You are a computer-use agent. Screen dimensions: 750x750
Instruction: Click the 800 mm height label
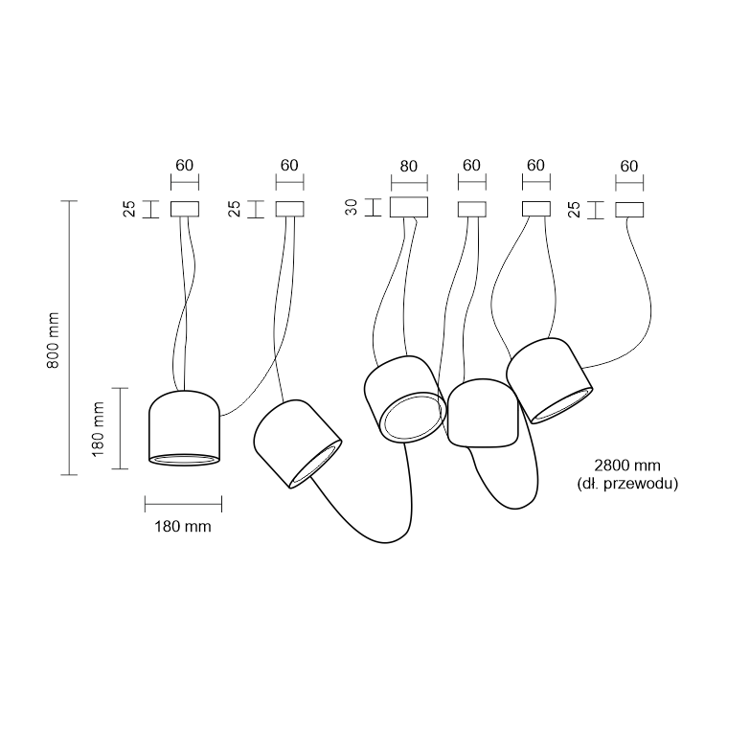[x=53, y=340]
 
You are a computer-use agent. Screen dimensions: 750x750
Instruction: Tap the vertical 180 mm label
[x=98, y=429]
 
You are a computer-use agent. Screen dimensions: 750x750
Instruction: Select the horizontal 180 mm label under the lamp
[x=183, y=527]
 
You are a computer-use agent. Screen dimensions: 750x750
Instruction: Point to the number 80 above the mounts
[x=408, y=167]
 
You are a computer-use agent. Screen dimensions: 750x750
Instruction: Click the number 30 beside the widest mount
[x=352, y=207]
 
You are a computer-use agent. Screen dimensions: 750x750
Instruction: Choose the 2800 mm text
[x=627, y=466]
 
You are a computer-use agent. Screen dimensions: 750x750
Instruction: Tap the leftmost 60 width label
[x=185, y=166]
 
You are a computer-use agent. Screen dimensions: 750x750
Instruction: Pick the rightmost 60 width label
[x=629, y=167]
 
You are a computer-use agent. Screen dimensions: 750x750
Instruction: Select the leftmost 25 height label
[x=129, y=209]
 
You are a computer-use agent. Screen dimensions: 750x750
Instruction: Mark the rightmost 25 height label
[x=574, y=210]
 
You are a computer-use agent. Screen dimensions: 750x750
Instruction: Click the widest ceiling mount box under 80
[x=409, y=207]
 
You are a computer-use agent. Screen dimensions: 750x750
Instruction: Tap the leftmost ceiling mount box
[x=185, y=209]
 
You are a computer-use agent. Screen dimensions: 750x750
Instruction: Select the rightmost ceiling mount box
[x=629, y=210]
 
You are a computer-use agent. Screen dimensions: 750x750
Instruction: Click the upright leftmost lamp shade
[x=184, y=428]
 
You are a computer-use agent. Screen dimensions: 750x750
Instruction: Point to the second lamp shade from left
[x=297, y=443]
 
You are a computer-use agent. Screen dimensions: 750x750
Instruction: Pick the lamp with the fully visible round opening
[x=405, y=398]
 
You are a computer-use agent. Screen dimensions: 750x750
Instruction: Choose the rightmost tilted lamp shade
[x=549, y=380]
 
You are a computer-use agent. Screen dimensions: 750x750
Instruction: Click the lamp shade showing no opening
[x=483, y=414]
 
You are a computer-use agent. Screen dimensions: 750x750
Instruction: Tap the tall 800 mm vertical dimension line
[x=69, y=338]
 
